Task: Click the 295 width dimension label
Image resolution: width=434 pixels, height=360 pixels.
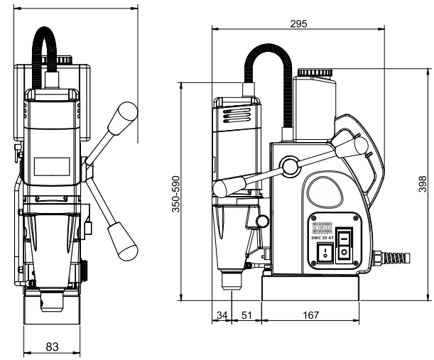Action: coord(299,23)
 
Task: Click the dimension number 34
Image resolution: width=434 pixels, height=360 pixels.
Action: coord(222,315)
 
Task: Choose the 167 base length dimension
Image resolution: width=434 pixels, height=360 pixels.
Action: coord(309,315)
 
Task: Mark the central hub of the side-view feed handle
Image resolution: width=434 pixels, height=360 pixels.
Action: coord(289,166)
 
